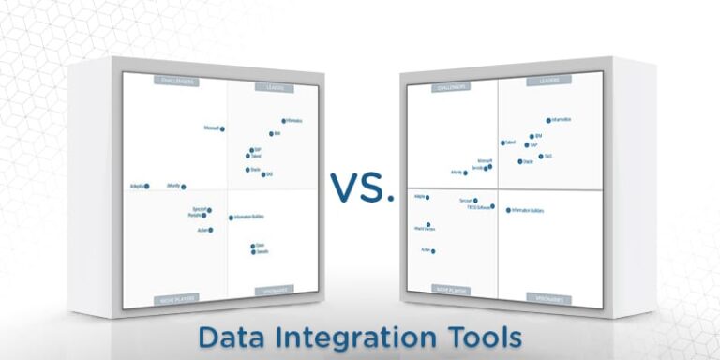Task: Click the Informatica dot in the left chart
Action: (283, 121)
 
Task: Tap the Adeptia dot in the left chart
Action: (146, 186)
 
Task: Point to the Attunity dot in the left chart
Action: (183, 187)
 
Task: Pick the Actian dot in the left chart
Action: (210, 230)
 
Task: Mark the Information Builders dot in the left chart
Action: (231, 217)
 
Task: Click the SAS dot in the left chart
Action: (263, 173)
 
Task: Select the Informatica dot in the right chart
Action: (548, 121)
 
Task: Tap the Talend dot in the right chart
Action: (502, 142)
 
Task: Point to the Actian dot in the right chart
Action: (433, 250)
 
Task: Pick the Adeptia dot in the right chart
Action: (428, 197)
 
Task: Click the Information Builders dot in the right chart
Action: (508, 210)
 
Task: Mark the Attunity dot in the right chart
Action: (465, 172)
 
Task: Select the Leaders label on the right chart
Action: (547, 81)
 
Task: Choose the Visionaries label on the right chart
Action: (547, 297)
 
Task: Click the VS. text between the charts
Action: (361, 187)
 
